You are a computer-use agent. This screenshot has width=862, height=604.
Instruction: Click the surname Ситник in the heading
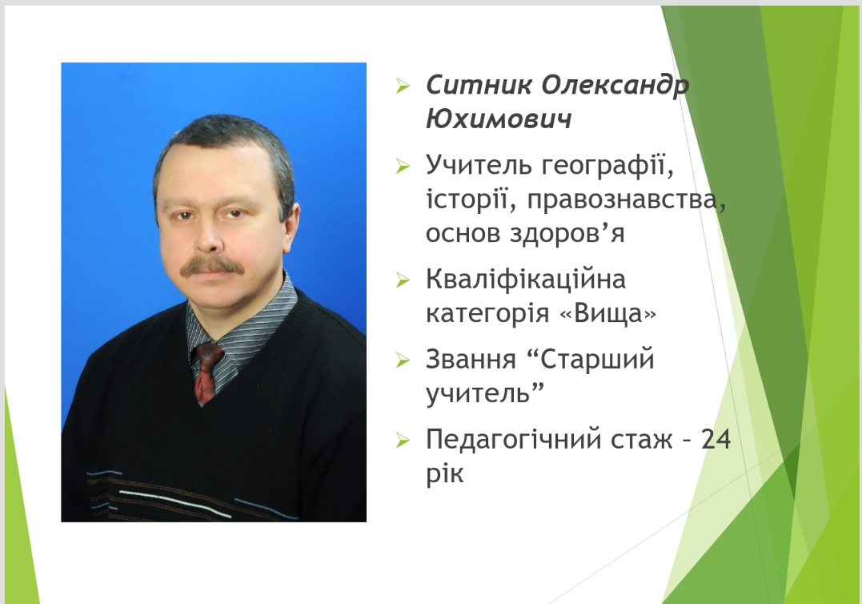point(479,85)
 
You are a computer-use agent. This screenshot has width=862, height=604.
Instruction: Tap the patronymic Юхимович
point(499,119)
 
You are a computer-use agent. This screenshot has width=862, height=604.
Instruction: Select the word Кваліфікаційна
point(526,279)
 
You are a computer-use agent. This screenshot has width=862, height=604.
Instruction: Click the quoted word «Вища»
point(607,313)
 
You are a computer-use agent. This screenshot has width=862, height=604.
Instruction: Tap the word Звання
point(471,360)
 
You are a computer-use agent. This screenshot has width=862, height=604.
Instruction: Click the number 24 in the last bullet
point(716,440)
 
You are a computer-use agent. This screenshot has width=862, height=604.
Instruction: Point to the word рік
point(445,473)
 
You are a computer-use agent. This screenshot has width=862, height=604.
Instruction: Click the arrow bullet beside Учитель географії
point(403,166)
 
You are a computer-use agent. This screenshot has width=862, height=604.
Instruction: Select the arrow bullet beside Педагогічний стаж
point(403,440)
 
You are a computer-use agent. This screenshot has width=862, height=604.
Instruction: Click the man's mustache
point(212,266)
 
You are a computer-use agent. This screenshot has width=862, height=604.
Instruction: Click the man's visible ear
point(291,227)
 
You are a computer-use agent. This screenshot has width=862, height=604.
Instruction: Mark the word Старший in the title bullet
point(598,360)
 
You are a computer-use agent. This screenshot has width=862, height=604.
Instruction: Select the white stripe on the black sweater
point(174,504)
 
